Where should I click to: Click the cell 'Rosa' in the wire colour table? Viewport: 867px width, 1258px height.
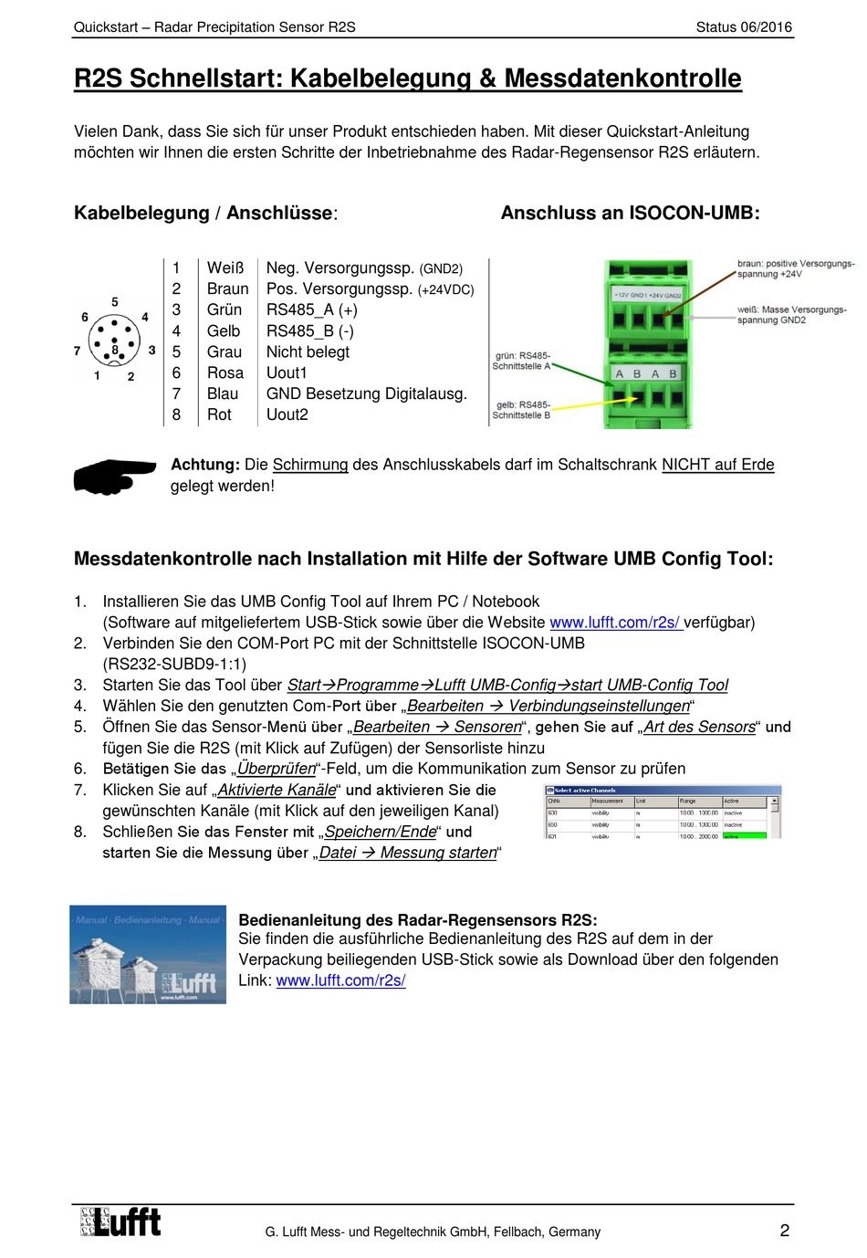(x=225, y=372)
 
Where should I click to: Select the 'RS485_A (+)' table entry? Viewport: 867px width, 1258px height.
(x=311, y=309)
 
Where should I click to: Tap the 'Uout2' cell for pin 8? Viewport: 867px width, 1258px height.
(x=287, y=414)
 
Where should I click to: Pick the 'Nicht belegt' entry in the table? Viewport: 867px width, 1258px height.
(x=308, y=351)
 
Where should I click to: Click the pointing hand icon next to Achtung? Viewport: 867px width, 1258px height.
(x=114, y=475)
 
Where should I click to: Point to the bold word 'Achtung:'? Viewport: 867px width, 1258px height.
(x=205, y=465)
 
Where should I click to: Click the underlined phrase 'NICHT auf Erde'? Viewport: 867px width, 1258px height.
(x=717, y=465)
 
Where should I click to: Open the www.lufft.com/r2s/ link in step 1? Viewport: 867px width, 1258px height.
(x=614, y=623)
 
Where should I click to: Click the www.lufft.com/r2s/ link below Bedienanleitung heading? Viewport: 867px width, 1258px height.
(x=340, y=980)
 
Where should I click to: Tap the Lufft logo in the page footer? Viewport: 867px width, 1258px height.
(x=120, y=1222)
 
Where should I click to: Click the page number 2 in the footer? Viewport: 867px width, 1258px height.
(x=784, y=1231)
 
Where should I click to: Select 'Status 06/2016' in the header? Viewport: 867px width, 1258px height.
(x=744, y=27)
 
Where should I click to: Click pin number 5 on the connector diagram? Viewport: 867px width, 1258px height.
(x=115, y=302)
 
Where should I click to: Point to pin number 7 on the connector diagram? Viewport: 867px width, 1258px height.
(x=77, y=351)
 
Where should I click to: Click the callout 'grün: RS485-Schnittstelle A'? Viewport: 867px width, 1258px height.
(x=522, y=361)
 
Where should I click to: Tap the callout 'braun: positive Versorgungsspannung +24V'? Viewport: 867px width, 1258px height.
(x=795, y=268)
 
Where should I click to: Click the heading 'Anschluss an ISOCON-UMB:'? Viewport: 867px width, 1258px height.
(x=630, y=214)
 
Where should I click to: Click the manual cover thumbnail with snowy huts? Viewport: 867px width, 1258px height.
(x=148, y=954)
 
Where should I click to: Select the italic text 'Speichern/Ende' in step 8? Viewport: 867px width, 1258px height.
(x=381, y=832)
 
